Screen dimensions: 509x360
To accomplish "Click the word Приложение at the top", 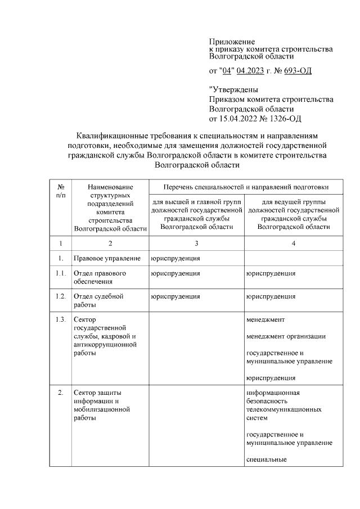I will [x=232, y=42].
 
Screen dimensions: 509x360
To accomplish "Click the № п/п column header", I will [x=60, y=190].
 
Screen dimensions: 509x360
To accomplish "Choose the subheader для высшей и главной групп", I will [x=196, y=214].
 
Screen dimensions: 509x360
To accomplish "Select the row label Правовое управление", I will [x=107, y=258].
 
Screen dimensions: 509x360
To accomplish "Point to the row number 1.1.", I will [x=61, y=273].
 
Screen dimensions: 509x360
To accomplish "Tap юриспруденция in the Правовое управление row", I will [x=175, y=258].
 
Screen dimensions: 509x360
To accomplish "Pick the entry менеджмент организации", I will [x=286, y=336].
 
